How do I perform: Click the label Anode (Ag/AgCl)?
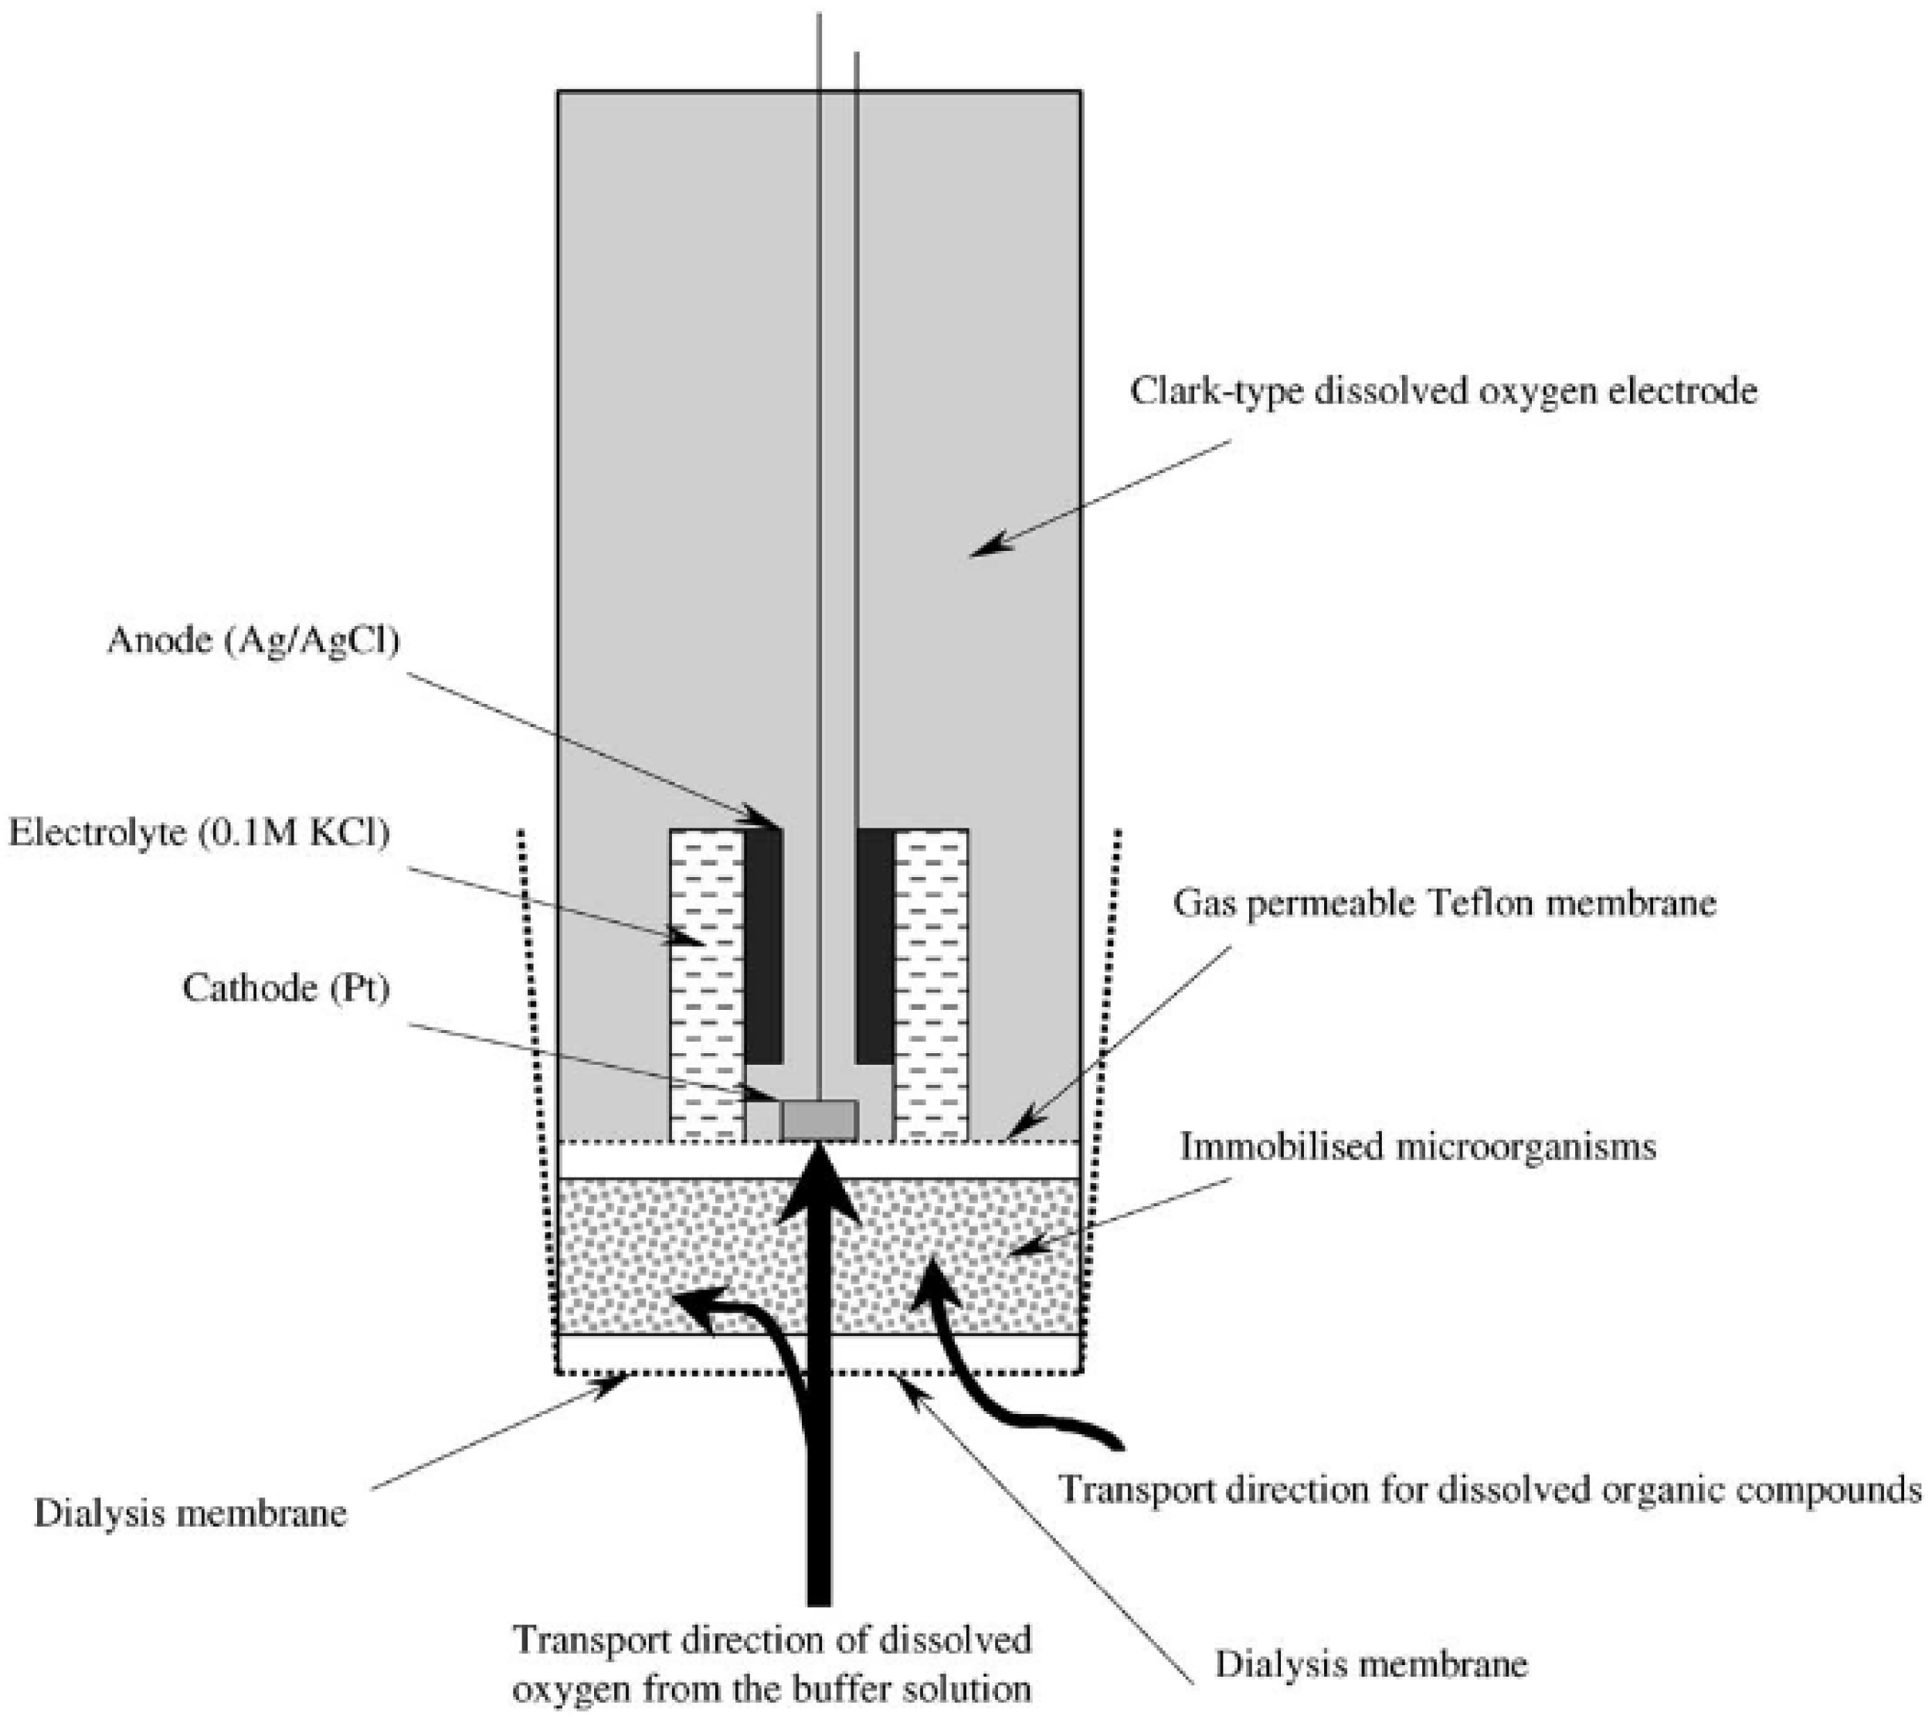(x=253, y=641)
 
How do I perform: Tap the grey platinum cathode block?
(x=819, y=1120)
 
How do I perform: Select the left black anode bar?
(x=765, y=946)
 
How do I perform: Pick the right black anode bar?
(x=874, y=946)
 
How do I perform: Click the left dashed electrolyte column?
(x=707, y=984)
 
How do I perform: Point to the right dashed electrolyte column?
(x=931, y=984)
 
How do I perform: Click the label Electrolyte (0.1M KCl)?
(x=199, y=833)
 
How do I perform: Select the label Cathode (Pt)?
(x=287, y=988)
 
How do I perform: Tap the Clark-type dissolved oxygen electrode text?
(x=1443, y=390)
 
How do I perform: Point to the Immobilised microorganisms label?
(x=1418, y=1147)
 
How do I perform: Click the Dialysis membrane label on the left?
(x=190, y=1513)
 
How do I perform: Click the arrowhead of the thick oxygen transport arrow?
(x=819, y=1182)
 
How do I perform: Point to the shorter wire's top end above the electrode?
(x=857, y=55)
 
